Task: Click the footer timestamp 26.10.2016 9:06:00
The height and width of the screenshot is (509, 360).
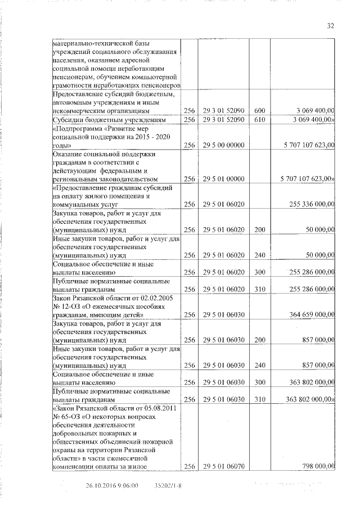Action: [x=112, y=485]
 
